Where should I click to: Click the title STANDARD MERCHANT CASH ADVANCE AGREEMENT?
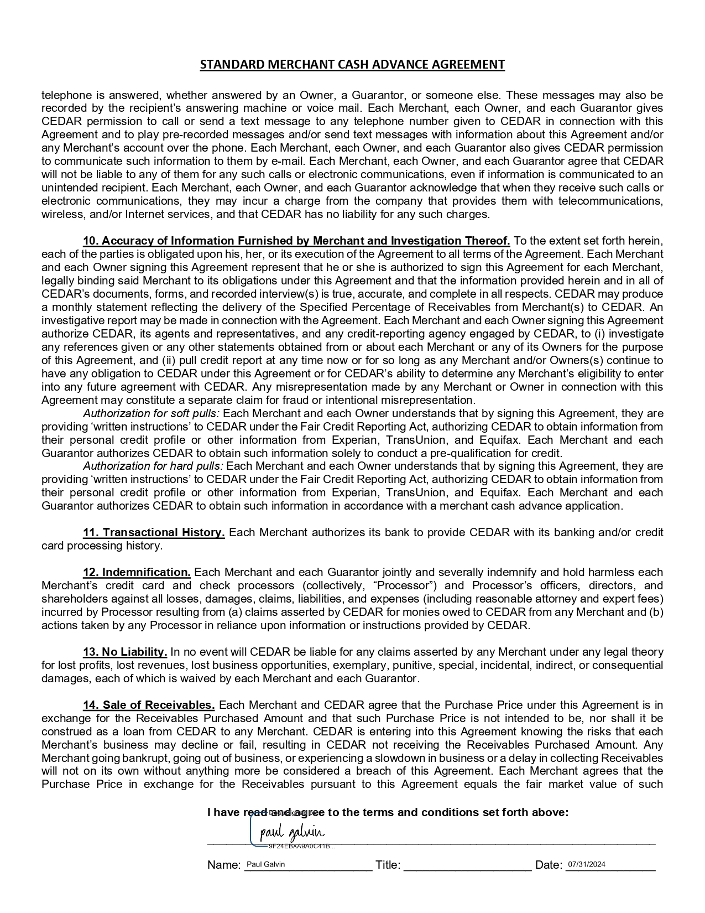[352, 65]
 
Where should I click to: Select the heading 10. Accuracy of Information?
[296, 241]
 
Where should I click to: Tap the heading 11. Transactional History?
[154, 532]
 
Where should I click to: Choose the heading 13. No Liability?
[125, 652]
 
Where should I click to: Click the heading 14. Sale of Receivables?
[149, 705]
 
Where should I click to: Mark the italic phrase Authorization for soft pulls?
[152, 413]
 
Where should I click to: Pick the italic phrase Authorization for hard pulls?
[153, 466]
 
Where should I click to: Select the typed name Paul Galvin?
[265, 864]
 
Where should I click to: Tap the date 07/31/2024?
[586, 864]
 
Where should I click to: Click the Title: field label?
[388, 865]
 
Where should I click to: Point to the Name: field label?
[224, 865]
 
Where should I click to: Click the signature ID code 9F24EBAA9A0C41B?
[301, 847]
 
